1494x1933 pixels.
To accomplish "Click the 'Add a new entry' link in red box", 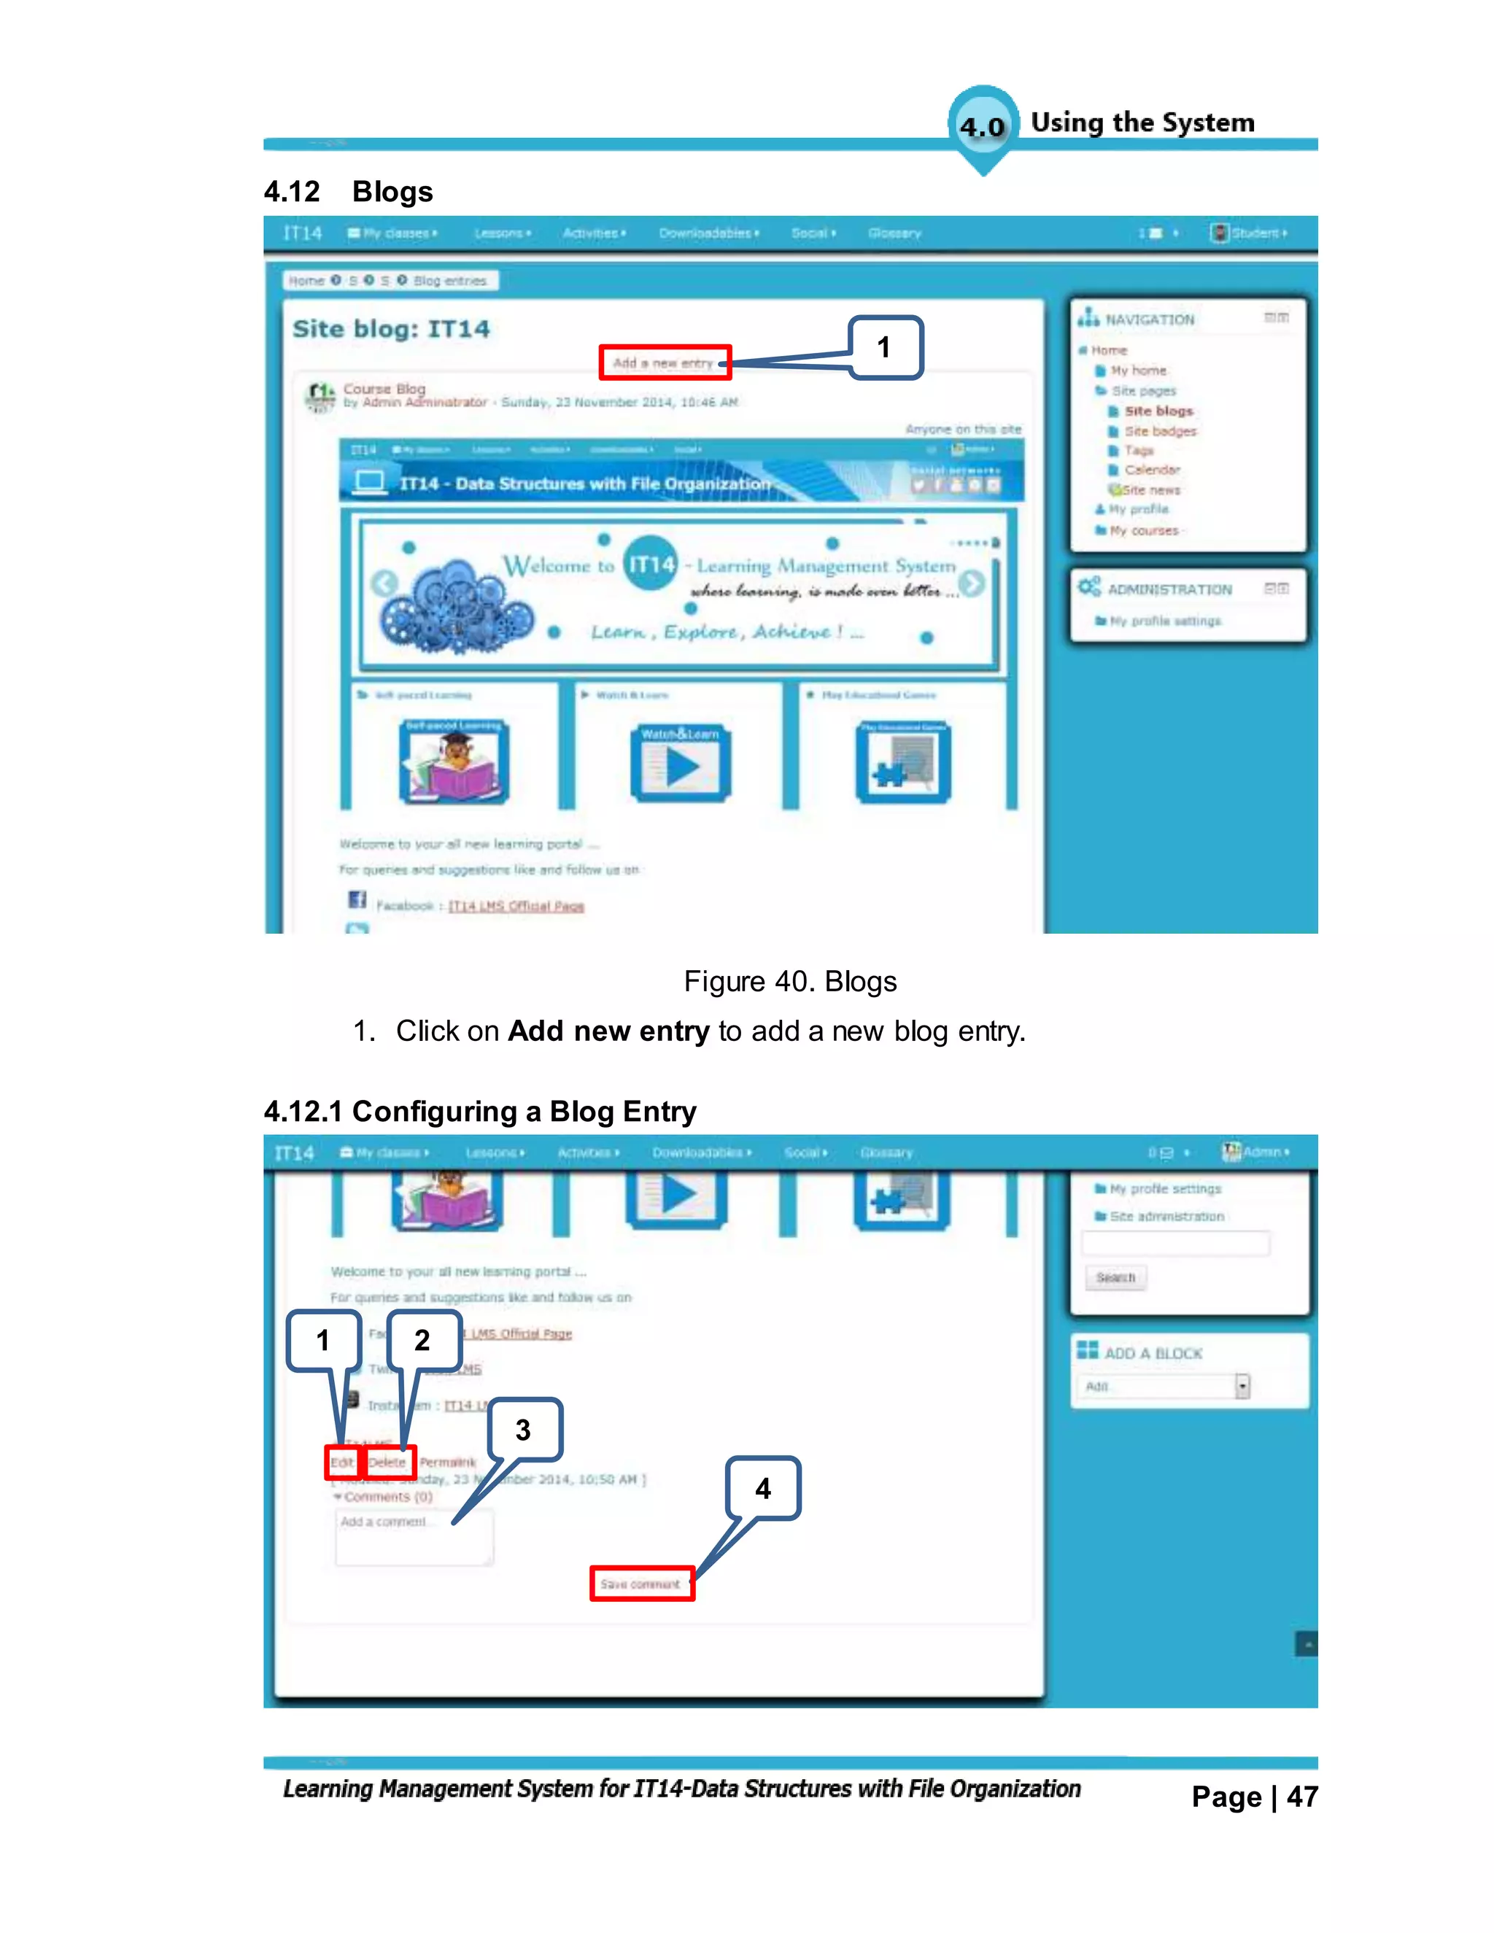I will (x=664, y=363).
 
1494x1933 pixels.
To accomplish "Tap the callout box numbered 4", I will (x=763, y=1489).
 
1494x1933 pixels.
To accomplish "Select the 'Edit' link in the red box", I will (x=341, y=1462).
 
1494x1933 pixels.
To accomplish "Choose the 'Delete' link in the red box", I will (x=387, y=1462).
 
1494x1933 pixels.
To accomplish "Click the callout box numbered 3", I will (x=524, y=1430).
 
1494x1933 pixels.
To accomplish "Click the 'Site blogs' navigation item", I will (x=1158, y=411).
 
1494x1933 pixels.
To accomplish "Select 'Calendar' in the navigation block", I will (x=1151, y=470).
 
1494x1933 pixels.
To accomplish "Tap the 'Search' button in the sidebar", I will (x=1115, y=1277).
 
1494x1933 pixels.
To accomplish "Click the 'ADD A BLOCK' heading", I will (x=1153, y=1353).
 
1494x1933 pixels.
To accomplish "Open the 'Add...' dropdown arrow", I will (x=1242, y=1386).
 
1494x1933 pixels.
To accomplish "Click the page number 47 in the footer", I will (x=1302, y=1797).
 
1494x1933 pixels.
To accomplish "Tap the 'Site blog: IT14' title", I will (x=390, y=329).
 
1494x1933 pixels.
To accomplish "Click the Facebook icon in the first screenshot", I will (x=357, y=900).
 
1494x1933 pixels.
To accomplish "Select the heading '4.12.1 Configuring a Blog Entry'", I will (x=480, y=1112).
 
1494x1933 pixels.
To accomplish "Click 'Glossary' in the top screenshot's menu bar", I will (x=894, y=233).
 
